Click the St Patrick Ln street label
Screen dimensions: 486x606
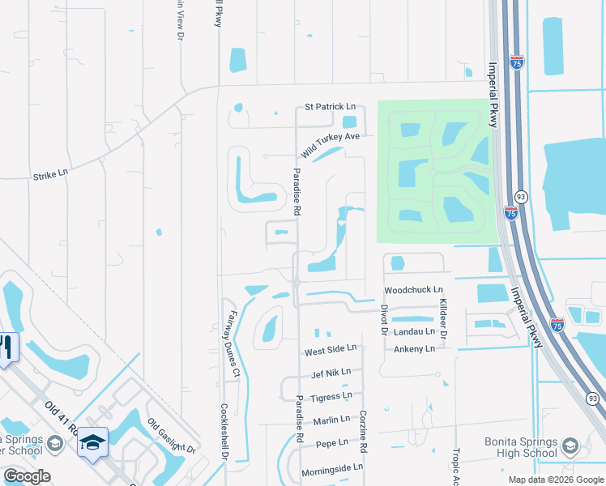point(330,107)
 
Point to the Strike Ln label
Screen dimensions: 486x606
point(50,174)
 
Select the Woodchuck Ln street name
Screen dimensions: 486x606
point(413,290)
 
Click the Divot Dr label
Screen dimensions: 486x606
point(385,318)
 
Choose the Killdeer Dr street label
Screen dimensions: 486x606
point(443,318)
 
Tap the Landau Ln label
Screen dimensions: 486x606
point(414,332)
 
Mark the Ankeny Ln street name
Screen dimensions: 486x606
point(414,349)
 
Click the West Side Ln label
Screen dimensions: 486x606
point(330,352)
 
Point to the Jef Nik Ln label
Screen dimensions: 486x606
point(331,373)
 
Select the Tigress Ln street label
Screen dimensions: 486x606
point(331,397)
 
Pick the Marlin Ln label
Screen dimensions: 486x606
point(331,420)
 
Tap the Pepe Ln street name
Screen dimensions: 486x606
point(331,444)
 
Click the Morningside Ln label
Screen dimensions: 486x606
point(332,468)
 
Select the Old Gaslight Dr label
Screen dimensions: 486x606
point(172,436)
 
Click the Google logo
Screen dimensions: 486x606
point(27,476)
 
